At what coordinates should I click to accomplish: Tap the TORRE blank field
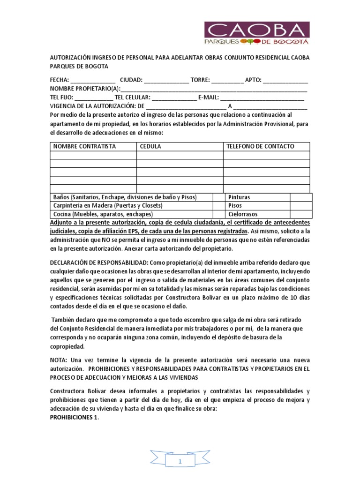pyautogui.click(x=227, y=80)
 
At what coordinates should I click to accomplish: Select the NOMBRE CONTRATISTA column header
pyautogui.click(x=84, y=147)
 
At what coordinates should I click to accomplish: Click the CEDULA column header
pyautogui.click(x=150, y=147)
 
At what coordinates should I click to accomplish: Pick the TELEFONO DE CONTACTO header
pyautogui.click(x=261, y=147)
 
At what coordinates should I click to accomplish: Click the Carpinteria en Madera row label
pyautogui.click(x=108, y=206)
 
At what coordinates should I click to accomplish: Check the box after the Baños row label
pyautogui.click(x=218, y=197)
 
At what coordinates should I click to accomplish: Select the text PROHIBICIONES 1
pyautogui.click(x=75, y=419)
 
